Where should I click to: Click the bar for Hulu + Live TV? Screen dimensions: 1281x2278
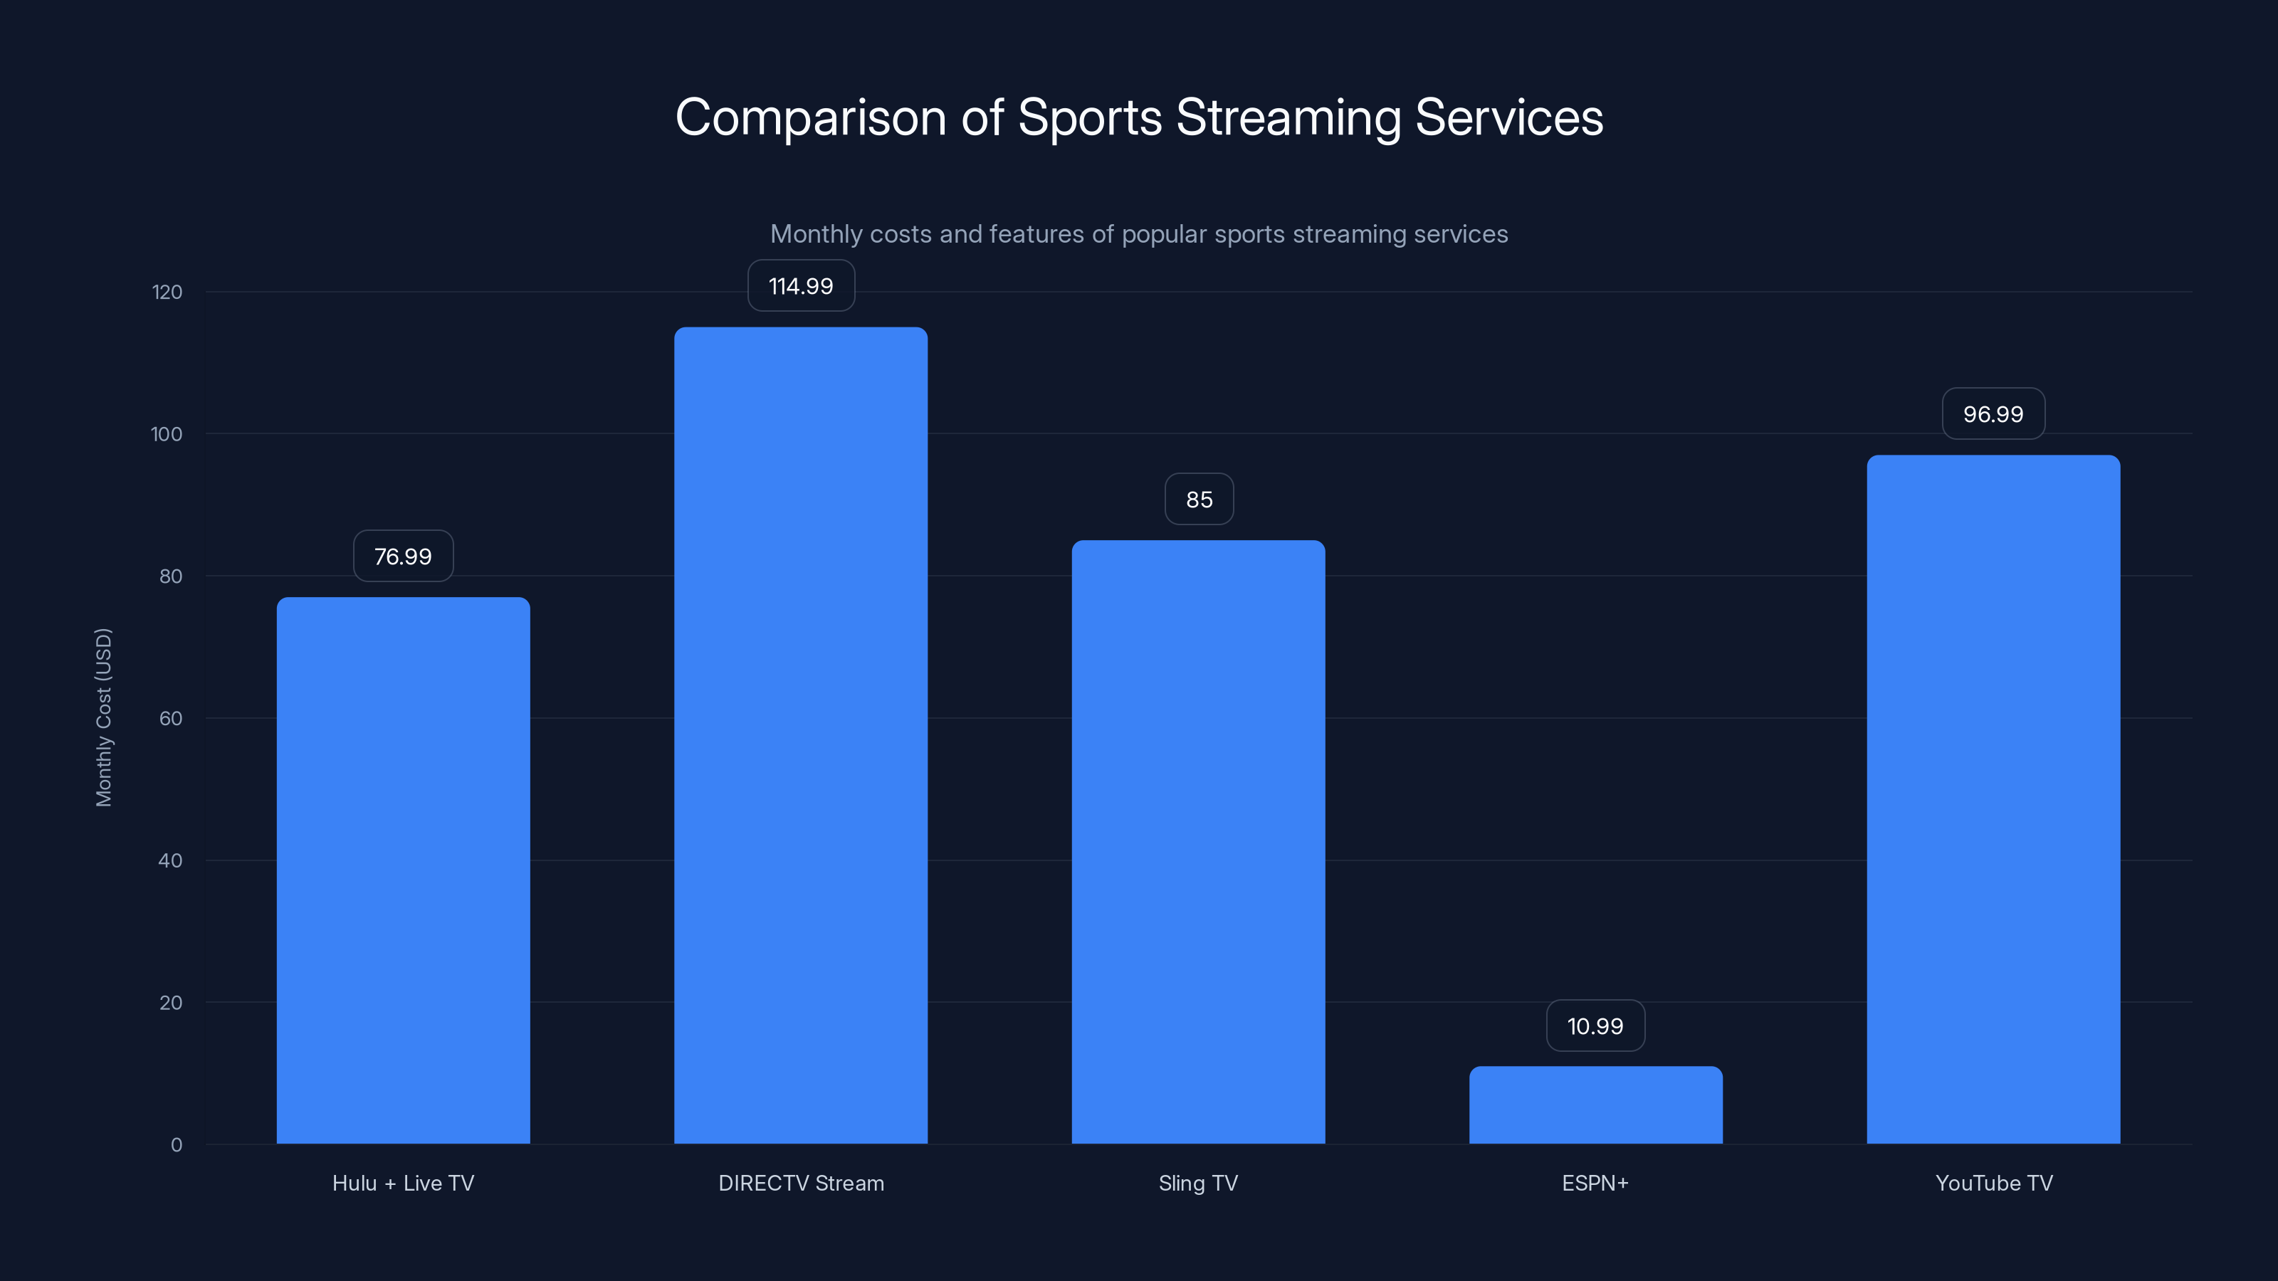[x=403, y=871]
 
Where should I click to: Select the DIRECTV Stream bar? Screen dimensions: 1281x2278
[x=800, y=736]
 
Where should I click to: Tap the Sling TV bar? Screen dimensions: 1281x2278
[x=1198, y=842]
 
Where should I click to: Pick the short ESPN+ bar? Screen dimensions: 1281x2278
[x=1595, y=1105]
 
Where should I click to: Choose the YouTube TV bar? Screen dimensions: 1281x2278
[x=1993, y=799]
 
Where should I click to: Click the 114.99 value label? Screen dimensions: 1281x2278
[x=800, y=285]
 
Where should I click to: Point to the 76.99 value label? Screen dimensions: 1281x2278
[x=403, y=556]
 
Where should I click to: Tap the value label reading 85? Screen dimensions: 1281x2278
[x=1198, y=500]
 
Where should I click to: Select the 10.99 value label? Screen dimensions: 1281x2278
[x=1595, y=1026]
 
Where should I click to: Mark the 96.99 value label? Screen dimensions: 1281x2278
[x=1993, y=413]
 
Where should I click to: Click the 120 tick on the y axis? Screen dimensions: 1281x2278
[x=167, y=292]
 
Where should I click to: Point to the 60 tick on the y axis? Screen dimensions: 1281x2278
[x=171, y=718]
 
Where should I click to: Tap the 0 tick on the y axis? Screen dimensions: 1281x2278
[x=177, y=1145]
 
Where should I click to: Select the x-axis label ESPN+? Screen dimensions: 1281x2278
[x=1595, y=1183]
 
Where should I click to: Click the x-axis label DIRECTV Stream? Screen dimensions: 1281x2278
[x=800, y=1183]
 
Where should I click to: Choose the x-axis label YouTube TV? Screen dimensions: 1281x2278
[x=1993, y=1183]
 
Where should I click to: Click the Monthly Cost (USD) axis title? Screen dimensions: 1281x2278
[x=103, y=717]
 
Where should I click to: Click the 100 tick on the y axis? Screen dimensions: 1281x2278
[x=167, y=434]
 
